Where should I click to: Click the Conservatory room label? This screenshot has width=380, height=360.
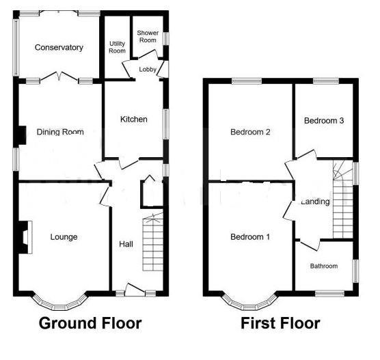coord(60,48)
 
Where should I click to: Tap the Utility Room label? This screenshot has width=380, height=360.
coord(117,47)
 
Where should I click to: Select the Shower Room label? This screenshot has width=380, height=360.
coord(147,36)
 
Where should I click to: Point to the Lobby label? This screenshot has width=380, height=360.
coord(147,69)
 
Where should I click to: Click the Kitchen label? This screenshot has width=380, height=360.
coord(133,120)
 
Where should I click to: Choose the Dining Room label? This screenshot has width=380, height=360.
coord(60,133)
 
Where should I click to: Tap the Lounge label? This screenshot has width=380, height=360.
coord(64,237)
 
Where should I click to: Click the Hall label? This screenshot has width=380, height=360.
coord(126,244)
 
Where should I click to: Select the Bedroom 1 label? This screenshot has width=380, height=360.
coord(250,237)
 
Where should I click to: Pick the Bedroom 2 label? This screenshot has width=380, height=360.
coord(250,132)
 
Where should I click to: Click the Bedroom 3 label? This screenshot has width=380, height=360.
coord(323,120)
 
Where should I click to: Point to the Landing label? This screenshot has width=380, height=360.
coord(315,202)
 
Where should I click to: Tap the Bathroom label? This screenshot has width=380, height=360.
coord(324,266)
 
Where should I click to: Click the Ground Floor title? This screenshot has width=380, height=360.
coord(90,323)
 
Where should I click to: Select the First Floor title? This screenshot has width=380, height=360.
coord(280,323)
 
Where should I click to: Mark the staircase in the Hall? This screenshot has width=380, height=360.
coord(153,243)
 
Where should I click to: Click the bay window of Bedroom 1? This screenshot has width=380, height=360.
coord(250,301)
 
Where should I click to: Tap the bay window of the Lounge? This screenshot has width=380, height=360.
coord(60,301)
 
